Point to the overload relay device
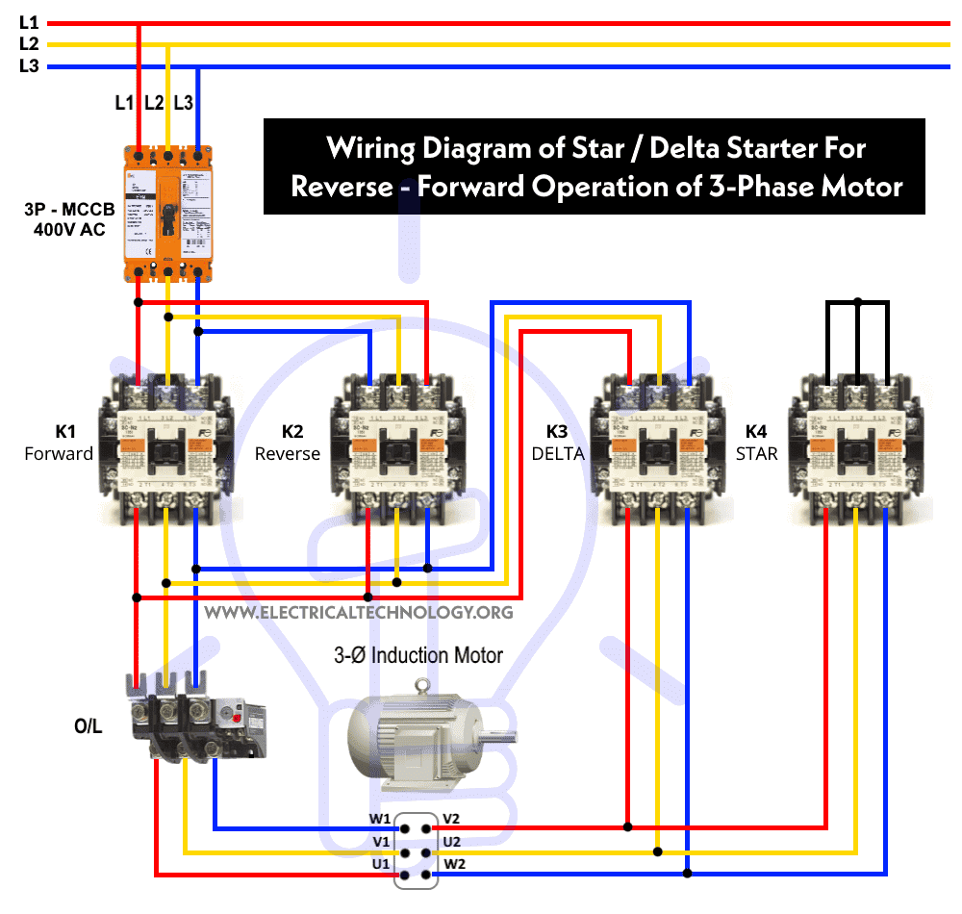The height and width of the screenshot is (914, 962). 197,717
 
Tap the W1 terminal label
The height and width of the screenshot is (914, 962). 380,820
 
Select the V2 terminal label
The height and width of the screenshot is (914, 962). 451,820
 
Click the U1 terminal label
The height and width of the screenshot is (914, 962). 380,863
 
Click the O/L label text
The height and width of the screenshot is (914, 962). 88,726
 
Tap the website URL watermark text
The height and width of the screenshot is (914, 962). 359,612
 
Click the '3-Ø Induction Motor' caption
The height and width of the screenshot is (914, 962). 418,656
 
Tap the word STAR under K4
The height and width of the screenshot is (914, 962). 757,453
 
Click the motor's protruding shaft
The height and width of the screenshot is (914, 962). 499,739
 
